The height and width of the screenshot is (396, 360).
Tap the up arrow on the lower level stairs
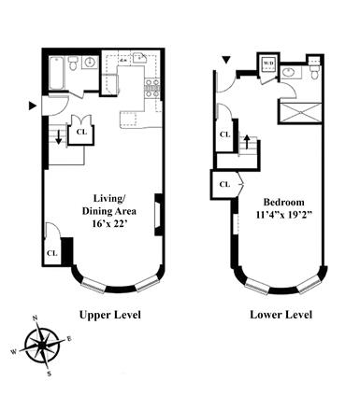pyautogui.click(x=247, y=142)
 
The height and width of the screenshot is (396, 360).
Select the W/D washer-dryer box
pyautogui.click(x=268, y=64)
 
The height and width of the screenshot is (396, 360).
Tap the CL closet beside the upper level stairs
pyautogui.click(x=81, y=132)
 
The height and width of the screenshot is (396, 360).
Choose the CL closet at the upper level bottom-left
pyautogui.click(x=51, y=252)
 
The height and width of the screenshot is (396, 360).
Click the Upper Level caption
pyautogui.click(x=109, y=315)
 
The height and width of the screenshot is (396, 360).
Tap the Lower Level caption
pyautogui.click(x=279, y=315)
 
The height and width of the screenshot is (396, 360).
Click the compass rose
pyautogui.click(x=41, y=346)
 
